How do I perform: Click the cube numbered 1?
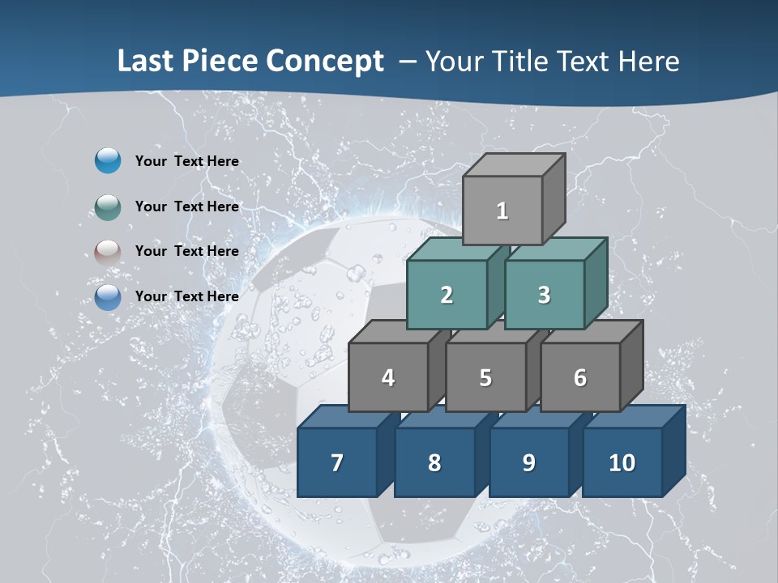(x=502, y=211)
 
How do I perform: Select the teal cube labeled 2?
(x=447, y=295)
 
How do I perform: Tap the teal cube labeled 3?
(x=544, y=295)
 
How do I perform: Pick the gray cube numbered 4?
(x=388, y=377)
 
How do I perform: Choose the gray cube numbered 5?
(x=485, y=377)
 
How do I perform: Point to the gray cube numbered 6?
(x=580, y=377)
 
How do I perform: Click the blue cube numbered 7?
(x=337, y=462)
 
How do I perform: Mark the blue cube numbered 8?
(x=434, y=462)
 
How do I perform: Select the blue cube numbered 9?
(x=529, y=462)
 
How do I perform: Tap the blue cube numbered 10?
(x=622, y=462)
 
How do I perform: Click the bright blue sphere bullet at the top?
(x=108, y=161)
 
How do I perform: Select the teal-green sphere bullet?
(x=108, y=206)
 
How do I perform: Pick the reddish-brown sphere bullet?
(x=108, y=252)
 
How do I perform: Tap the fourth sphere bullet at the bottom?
(x=108, y=296)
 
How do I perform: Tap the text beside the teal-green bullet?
(x=186, y=206)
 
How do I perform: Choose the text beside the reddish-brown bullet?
(x=186, y=251)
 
